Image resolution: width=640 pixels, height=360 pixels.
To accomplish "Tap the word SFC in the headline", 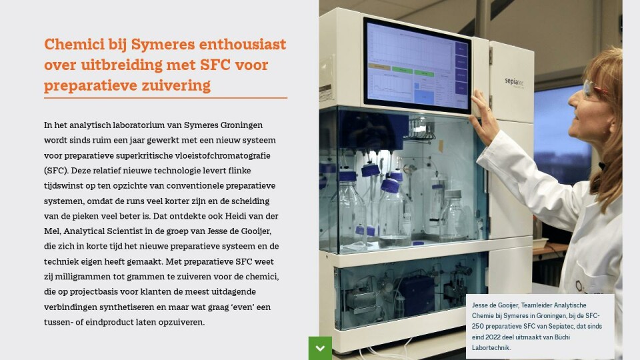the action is [215, 65].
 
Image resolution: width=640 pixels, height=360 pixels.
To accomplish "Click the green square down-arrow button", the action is [320, 348].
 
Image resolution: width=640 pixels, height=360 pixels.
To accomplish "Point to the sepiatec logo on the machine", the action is [514, 82].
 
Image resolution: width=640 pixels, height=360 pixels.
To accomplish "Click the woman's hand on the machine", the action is [484, 116].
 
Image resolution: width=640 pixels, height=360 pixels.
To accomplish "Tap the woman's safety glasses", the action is [594, 88].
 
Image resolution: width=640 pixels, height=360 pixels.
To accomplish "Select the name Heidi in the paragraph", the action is [236, 216].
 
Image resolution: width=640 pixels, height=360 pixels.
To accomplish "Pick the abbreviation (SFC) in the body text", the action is [56, 171].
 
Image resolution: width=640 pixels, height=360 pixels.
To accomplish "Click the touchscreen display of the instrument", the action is [417, 65].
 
